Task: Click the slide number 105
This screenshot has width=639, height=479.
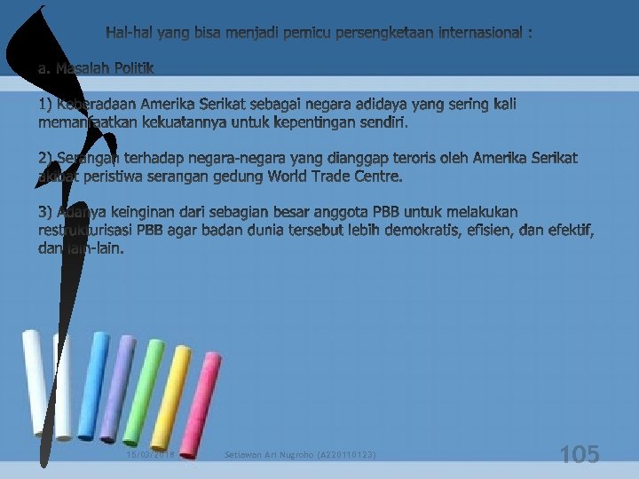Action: coord(580,455)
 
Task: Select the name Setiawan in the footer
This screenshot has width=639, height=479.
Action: coord(245,455)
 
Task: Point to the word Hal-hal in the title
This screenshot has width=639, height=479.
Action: coord(129,34)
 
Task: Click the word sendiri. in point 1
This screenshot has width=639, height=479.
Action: coord(384,123)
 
